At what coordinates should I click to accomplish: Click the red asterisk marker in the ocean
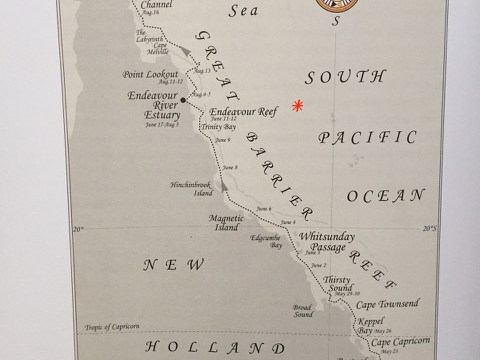pyautogui.click(x=297, y=104)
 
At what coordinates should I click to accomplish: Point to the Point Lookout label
pyautogui.click(x=149, y=75)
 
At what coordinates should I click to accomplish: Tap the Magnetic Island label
pyautogui.click(x=227, y=223)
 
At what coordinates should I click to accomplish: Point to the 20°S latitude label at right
pyautogui.click(x=430, y=229)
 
